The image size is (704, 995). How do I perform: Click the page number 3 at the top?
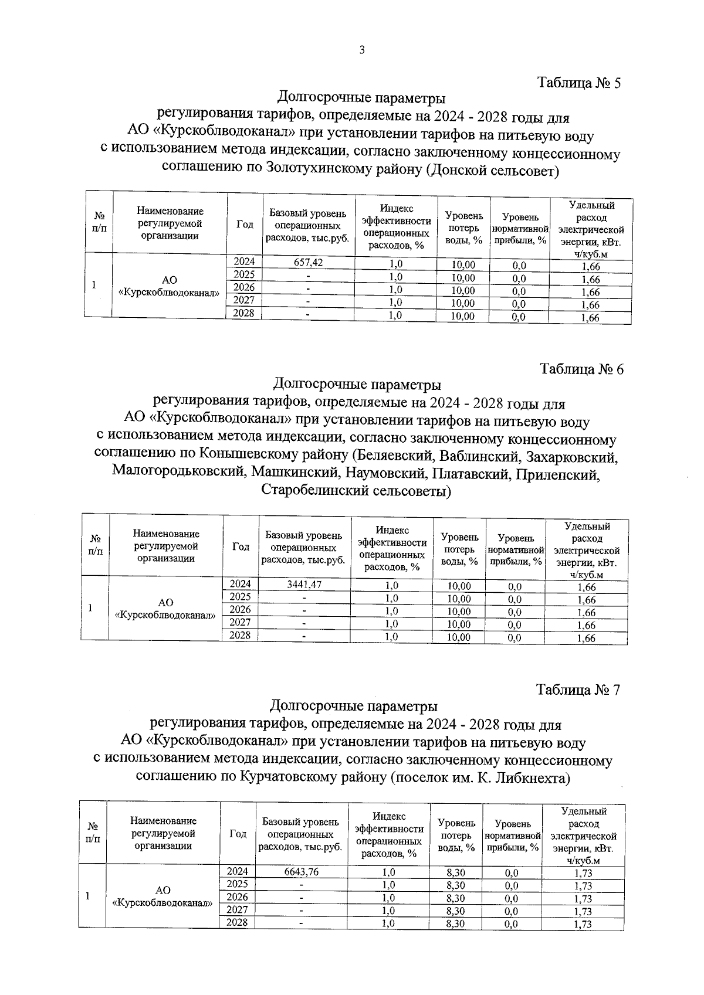pyautogui.click(x=362, y=50)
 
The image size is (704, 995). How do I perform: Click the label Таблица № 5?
pyautogui.click(x=579, y=83)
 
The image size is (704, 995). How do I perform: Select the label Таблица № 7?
pyautogui.click(x=578, y=690)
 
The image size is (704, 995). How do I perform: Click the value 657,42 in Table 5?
pyautogui.click(x=309, y=263)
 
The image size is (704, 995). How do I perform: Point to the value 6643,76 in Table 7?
pyautogui.click(x=301, y=871)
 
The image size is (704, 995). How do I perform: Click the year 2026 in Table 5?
pyautogui.click(x=244, y=287)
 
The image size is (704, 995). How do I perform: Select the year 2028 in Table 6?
pyautogui.click(x=240, y=635)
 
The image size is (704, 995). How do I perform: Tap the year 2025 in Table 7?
pyautogui.click(x=237, y=884)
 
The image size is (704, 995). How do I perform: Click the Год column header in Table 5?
pyautogui.click(x=245, y=224)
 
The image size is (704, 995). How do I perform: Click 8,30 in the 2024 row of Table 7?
pyautogui.click(x=456, y=872)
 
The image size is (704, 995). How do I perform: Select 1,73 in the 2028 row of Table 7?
pyautogui.click(x=583, y=925)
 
